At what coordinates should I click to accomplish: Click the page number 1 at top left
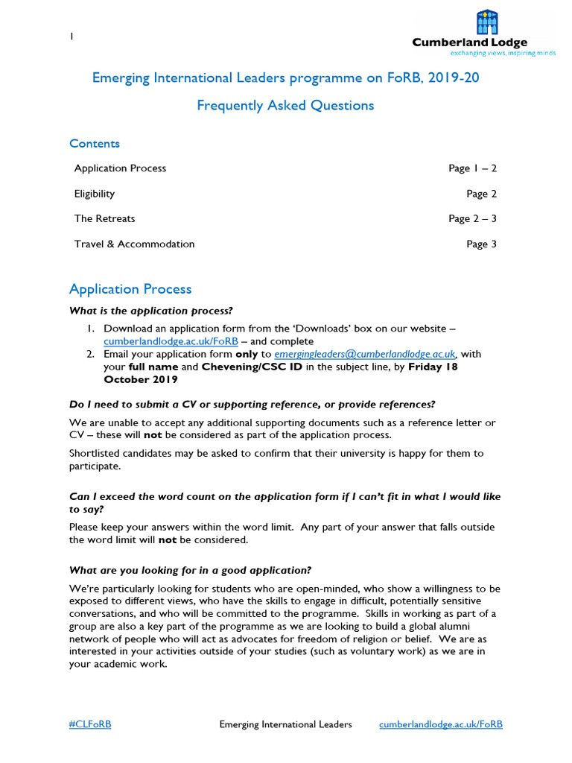pyautogui.click(x=71, y=37)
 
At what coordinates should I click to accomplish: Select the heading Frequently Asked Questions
pyautogui.click(x=285, y=105)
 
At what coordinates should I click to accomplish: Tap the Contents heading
pyautogui.click(x=95, y=143)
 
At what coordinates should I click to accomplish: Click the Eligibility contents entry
pyautogui.click(x=95, y=194)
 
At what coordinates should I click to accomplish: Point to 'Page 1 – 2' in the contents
pyautogui.click(x=472, y=168)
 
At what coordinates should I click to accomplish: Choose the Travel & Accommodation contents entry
pyautogui.click(x=134, y=244)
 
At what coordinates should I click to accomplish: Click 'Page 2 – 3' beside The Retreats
pyautogui.click(x=472, y=219)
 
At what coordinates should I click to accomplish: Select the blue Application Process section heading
pyautogui.click(x=130, y=289)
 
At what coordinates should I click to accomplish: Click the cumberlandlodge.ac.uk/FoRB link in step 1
pyautogui.click(x=171, y=341)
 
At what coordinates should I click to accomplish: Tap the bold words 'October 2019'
pyautogui.click(x=141, y=379)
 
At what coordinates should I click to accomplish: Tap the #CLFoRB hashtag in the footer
pyautogui.click(x=90, y=724)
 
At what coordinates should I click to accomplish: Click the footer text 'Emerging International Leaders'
pyautogui.click(x=286, y=724)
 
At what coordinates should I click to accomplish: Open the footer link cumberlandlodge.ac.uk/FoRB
pyautogui.click(x=441, y=724)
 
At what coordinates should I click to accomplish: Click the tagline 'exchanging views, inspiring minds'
pyautogui.click(x=503, y=54)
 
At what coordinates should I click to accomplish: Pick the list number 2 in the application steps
pyautogui.click(x=89, y=354)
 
